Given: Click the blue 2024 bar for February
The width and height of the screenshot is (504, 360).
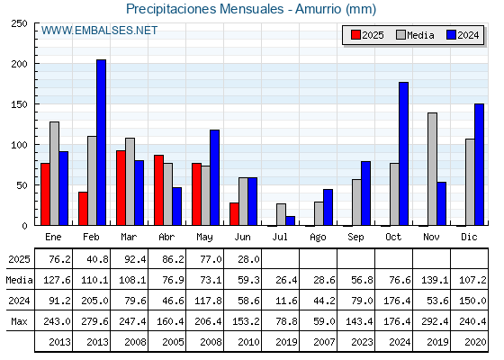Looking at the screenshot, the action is click(x=101, y=142).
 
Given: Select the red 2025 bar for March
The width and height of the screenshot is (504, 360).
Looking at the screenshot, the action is click(x=121, y=188).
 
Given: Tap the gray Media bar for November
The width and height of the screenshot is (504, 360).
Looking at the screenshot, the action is click(x=432, y=169).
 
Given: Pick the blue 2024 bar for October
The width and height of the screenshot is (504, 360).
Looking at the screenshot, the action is click(x=404, y=154).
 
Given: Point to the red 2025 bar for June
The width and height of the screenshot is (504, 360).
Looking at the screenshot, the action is click(x=234, y=214).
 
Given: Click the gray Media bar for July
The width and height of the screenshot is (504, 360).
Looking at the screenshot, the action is click(x=281, y=214).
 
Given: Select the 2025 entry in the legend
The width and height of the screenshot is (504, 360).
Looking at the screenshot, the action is click(x=367, y=35).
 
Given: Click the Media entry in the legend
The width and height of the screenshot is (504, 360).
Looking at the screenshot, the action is click(x=415, y=35).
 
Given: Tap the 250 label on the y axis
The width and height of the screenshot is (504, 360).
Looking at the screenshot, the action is click(x=19, y=23).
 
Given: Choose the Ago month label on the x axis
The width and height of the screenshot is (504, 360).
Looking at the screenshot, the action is click(x=318, y=238).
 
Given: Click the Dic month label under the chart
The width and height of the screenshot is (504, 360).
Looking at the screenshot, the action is click(x=469, y=237).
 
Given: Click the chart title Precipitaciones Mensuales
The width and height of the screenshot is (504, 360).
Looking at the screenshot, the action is click(x=205, y=9).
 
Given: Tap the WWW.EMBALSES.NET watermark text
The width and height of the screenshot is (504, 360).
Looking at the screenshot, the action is click(x=99, y=31).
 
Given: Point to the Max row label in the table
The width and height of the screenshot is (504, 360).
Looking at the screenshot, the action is click(x=19, y=321).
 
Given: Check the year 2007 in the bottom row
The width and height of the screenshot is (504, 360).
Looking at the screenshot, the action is click(x=324, y=342).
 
